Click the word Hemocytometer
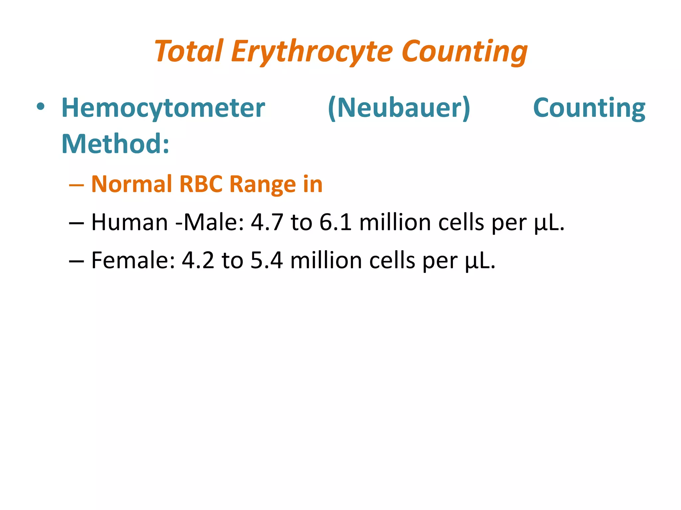pos(163,108)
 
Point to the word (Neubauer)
pos(399,108)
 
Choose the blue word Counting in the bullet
pos(589,108)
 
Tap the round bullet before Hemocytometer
pos(41,107)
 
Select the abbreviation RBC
pos(201,184)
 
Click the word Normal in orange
pos(131,184)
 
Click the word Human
pos(129,222)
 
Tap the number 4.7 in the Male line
pos(267,222)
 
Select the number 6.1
pos(335,222)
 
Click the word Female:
pos(133,261)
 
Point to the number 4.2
pos(198,261)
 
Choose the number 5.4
pos(266,261)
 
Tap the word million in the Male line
pos(395,222)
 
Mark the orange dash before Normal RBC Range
pos(76,185)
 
